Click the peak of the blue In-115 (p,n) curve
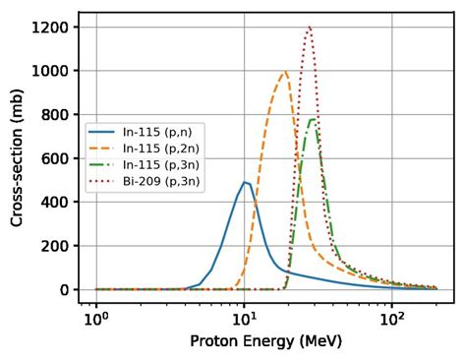pos(245,182)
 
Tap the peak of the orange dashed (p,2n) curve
pos(286,71)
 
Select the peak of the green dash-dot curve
pos(313,120)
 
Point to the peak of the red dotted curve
pos(310,27)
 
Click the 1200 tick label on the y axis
pos(48,28)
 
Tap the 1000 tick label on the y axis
pos(48,71)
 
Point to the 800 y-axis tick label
pos(52,115)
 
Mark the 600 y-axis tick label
pos(52,158)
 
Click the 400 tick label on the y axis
pos(52,203)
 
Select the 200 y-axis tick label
pos(52,246)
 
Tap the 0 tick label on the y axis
pos(62,290)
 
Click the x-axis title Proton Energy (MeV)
pos(265,343)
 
